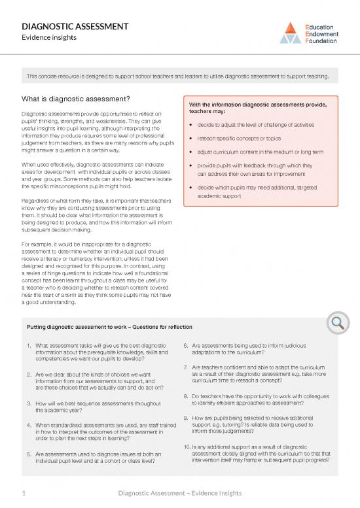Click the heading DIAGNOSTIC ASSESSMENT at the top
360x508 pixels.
(x=75, y=27)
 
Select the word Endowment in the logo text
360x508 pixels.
(x=322, y=33)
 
